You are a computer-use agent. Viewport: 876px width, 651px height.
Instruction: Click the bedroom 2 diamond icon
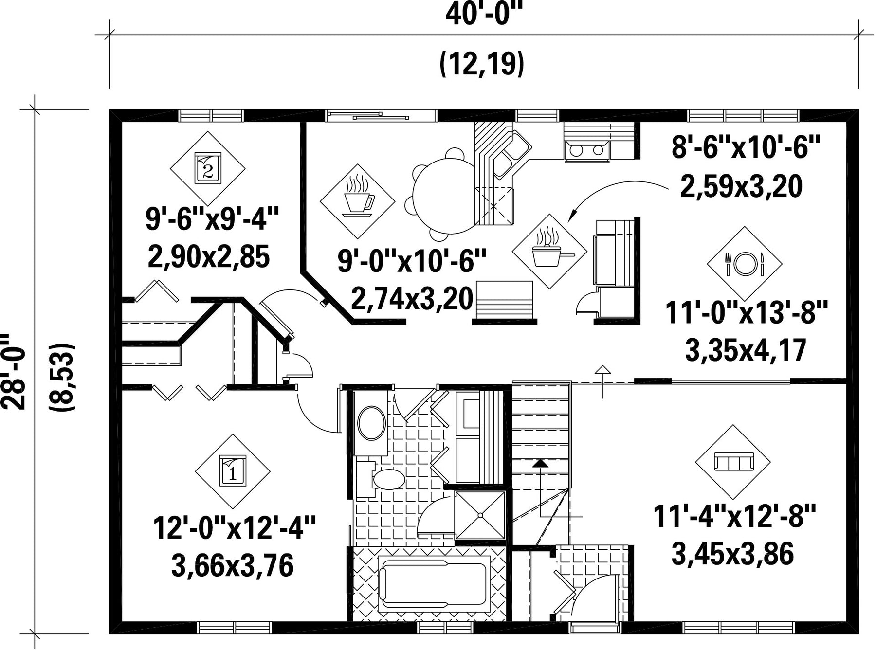(x=208, y=168)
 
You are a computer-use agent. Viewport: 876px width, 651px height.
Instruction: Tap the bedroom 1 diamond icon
(x=233, y=471)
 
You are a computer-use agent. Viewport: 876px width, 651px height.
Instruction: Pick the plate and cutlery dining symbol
(x=745, y=264)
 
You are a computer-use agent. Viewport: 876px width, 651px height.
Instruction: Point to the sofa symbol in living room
(x=733, y=462)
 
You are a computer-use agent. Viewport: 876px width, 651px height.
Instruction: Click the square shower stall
(x=480, y=515)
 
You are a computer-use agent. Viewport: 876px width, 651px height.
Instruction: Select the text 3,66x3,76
(x=233, y=566)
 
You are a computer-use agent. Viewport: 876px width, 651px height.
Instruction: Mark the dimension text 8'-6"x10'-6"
(x=746, y=147)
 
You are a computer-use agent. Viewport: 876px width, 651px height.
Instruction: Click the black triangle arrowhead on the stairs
(x=540, y=463)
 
